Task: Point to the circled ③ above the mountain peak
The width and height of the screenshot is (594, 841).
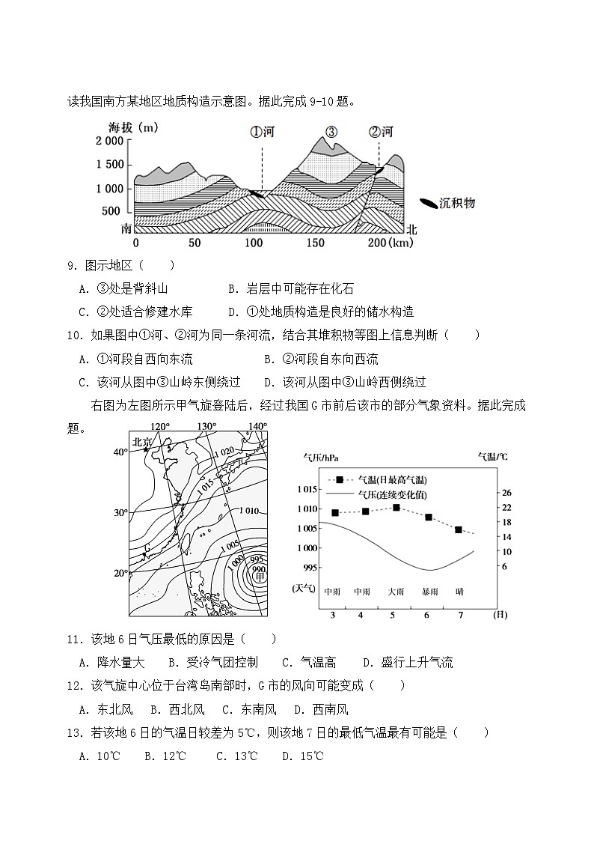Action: coord(331,133)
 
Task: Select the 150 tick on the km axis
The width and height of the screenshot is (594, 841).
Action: coord(315,243)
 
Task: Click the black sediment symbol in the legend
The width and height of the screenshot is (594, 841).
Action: coord(428,203)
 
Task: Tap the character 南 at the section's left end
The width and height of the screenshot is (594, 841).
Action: coord(126,228)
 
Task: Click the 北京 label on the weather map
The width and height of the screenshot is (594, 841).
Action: coord(142,443)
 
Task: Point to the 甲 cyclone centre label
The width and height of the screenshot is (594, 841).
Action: coord(260,577)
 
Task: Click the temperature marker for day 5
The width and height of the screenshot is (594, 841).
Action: coord(396,508)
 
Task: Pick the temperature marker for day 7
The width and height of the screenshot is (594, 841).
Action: coord(459,529)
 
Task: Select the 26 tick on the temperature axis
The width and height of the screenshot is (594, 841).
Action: coord(506,493)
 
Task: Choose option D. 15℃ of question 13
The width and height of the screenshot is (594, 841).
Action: coord(302,756)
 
